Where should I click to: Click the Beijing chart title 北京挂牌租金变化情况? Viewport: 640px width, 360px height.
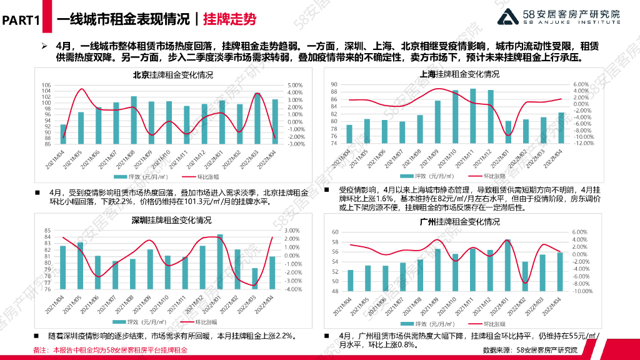(x=172, y=75)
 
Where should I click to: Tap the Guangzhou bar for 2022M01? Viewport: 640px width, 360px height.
(x=507, y=265)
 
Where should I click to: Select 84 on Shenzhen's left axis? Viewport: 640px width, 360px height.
(x=47, y=231)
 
